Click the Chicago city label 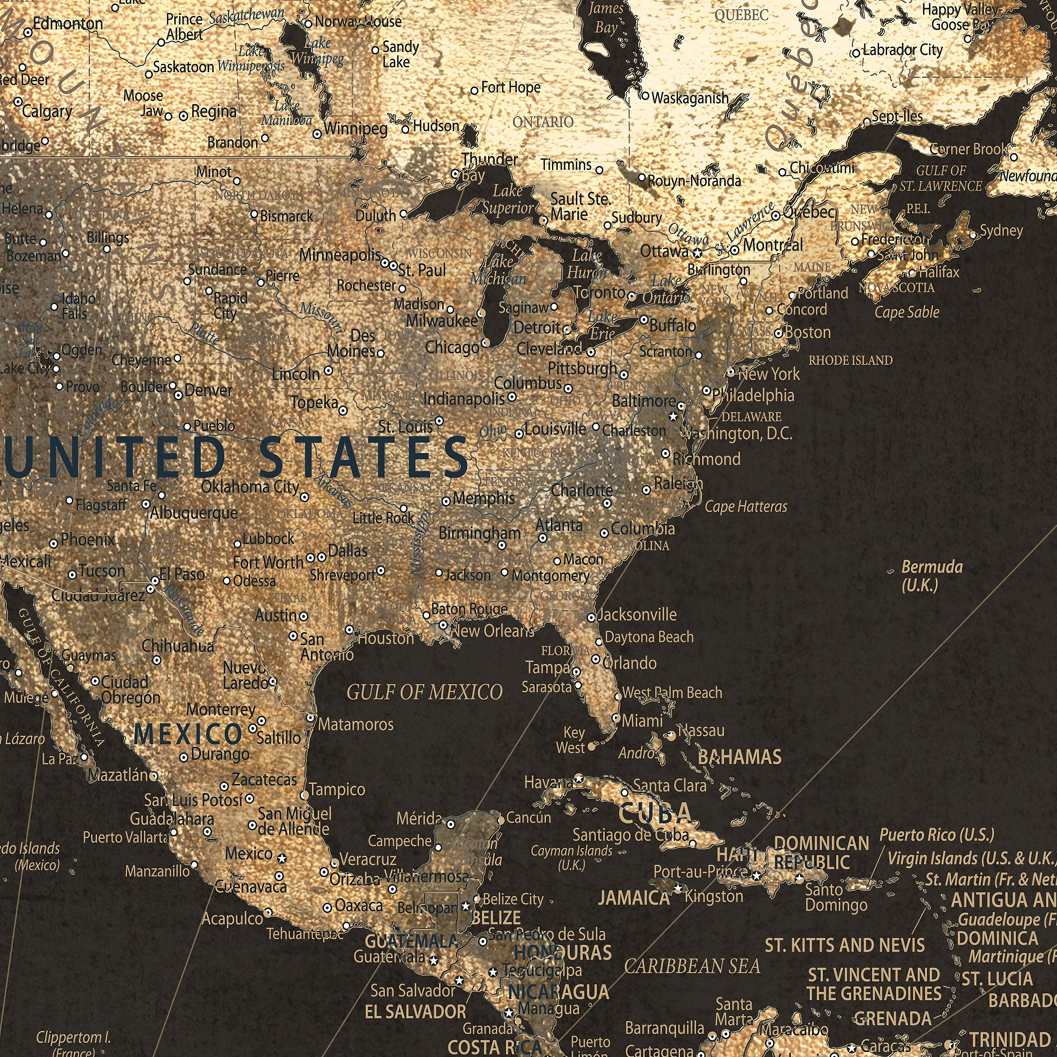pyautogui.click(x=452, y=347)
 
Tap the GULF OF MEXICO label pyautogui.click(x=424, y=693)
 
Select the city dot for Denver pyautogui.click(x=178, y=395)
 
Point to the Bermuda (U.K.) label pyautogui.click(x=931, y=576)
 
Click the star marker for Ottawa pyautogui.click(x=697, y=253)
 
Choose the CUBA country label pyautogui.click(x=655, y=813)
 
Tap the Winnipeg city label pyautogui.click(x=356, y=129)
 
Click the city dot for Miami pyautogui.click(x=616, y=718)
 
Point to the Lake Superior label pyautogui.click(x=507, y=199)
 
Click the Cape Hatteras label pyautogui.click(x=746, y=507)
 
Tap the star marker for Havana pyautogui.click(x=579, y=778)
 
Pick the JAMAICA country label pyautogui.click(x=634, y=898)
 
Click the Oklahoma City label pyautogui.click(x=250, y=486)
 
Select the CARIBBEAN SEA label pyautogui.click(x=692, y=967)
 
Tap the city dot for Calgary pyautogui.click(x=18, y=103)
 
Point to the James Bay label pyautogui.click(x=606, y=17)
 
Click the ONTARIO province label pyautogui.click(x=543, y=122)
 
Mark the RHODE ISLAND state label pyautogui.click(x=850, y=360)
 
